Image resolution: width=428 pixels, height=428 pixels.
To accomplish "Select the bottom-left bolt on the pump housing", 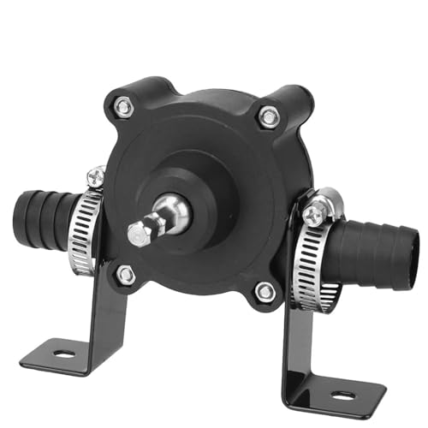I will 126,275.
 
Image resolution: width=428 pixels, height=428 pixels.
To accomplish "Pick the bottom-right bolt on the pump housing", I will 266,292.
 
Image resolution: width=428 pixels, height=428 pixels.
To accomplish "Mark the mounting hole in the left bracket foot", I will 63,351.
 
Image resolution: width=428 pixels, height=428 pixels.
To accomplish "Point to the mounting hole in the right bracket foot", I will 342,394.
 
